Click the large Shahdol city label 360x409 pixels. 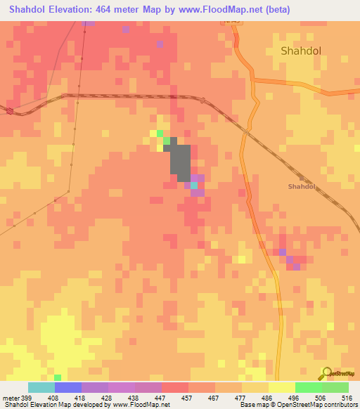(302, 51)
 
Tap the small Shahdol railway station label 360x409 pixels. (302, 186)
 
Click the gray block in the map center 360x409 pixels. (180, 160)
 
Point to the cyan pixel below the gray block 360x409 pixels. (194, 186)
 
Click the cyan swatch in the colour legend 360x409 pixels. (41, 387)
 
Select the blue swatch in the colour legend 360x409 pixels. (68, 387)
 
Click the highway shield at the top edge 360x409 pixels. (233, 23)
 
